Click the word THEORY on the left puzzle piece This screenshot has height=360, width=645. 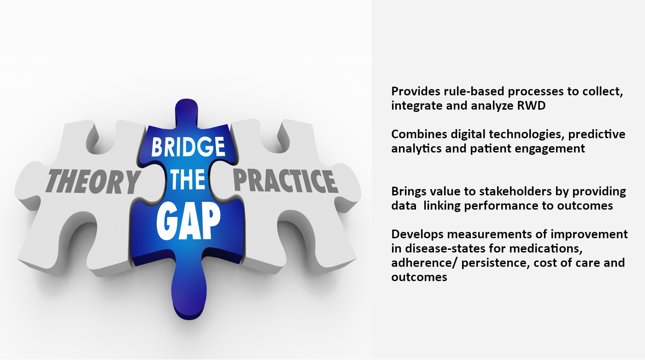[x=93, y=182]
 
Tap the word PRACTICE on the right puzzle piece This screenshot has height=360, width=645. [x=285, y=181]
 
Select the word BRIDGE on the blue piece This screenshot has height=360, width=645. [x=188, y=147]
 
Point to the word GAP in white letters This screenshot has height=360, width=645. [x=188, y=221]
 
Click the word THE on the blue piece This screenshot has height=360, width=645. [x=188, y=180]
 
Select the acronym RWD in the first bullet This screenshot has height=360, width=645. [x=531, y=106]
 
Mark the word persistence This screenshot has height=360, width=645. [x=495, y=263]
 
